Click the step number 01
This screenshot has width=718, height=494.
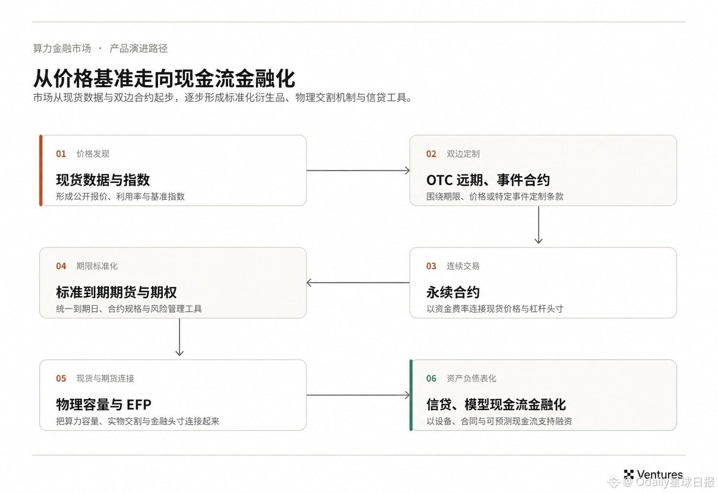tap(61, 154)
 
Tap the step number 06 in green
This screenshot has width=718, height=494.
tap(431, 379)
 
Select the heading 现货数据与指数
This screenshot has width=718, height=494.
tap(103, 180)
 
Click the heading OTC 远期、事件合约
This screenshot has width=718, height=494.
tap(488, 180)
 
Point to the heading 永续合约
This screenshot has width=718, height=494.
tap(453, 292)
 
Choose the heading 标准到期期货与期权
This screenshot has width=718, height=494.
tap(116, 292)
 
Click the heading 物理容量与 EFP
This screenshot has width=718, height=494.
tap(104, 405)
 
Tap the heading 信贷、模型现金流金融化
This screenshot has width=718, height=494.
tap(496, 405)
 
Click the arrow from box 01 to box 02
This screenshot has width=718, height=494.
tap(358, 171)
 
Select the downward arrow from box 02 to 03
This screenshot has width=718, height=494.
tap(538, 225)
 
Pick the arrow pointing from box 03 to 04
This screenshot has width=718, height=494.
tap(358, 283)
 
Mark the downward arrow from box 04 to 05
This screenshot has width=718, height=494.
tap(179, 337)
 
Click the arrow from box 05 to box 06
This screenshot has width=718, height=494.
tap(358, 395)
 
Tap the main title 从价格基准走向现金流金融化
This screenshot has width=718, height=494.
tap(164, 78)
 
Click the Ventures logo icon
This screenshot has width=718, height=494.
tap(629, 475)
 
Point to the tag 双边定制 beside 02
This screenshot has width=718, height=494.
tap(463, 154)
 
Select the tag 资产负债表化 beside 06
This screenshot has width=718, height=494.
tap(471, 379)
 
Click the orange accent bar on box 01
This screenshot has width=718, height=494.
tap(41, 171)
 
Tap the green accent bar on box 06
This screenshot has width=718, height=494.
tap(411, 395)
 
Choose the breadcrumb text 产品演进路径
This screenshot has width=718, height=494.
tap(139, 48)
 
